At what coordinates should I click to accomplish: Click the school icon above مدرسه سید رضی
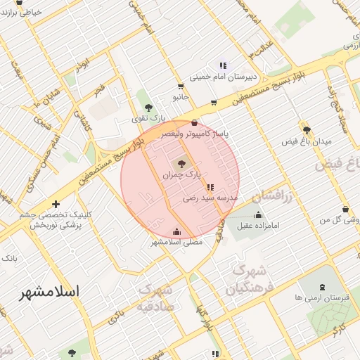pos(210,188)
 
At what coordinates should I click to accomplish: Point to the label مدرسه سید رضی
pos(210,198)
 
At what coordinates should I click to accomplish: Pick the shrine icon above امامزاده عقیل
pos(258,214)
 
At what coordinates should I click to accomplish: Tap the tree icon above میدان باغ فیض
pos(307,129)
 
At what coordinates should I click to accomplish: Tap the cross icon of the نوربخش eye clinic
pos(56,205)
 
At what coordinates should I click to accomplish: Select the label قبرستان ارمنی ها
pos(323,297)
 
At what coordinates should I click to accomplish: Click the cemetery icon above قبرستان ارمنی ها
pos(322,287)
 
